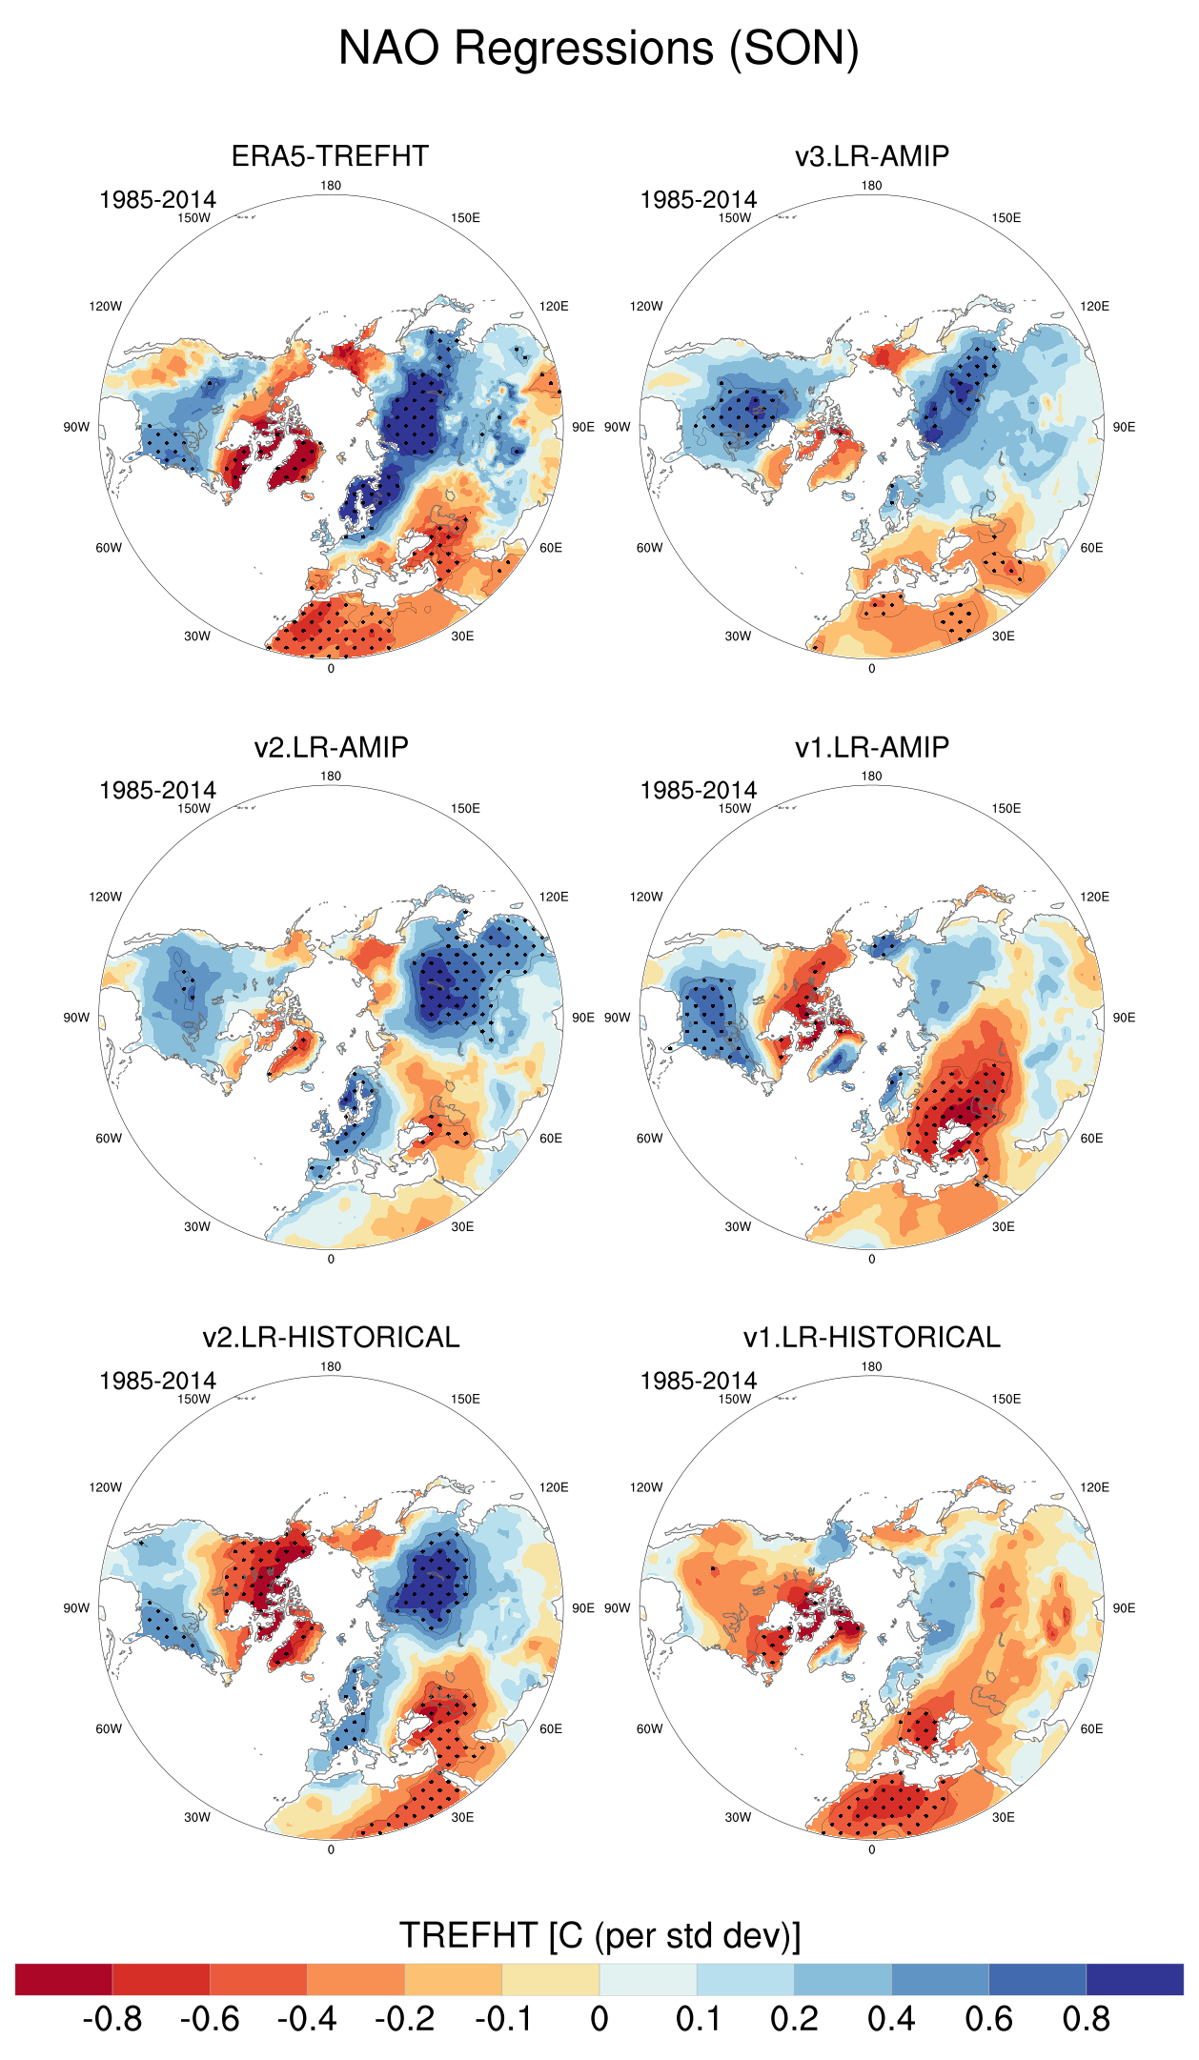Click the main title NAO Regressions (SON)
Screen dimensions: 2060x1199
(599, 48)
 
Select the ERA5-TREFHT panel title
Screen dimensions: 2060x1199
(330, 155)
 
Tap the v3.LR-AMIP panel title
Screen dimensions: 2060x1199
(871, 155)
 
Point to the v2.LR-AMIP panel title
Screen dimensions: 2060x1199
(331, 746)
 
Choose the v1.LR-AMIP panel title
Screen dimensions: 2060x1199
(871, 746)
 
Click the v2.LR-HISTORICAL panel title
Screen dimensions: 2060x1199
(331, 1337)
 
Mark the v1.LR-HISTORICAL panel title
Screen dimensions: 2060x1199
(871, 1337)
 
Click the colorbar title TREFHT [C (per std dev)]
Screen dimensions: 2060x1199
(599, 1935)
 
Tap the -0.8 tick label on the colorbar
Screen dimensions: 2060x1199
(112, 2018)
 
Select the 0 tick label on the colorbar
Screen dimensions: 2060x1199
(599, 2018)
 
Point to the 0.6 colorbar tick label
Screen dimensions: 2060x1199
(988, 2018)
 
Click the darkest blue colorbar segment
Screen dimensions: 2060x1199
(1134, 1979)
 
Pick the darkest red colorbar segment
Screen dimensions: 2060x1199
(64, 1979)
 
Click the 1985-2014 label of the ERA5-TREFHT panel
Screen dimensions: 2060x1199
(157, 199)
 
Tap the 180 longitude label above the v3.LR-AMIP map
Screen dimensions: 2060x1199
(871, 186)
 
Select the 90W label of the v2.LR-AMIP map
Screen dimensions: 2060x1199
(76, 1018)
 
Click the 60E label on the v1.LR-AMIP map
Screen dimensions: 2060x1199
(1091, 1139)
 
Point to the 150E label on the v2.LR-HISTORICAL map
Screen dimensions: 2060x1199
(465, 1399)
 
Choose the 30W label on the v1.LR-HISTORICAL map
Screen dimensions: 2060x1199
(738, 1817)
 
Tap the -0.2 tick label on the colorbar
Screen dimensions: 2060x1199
(404, 2018)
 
